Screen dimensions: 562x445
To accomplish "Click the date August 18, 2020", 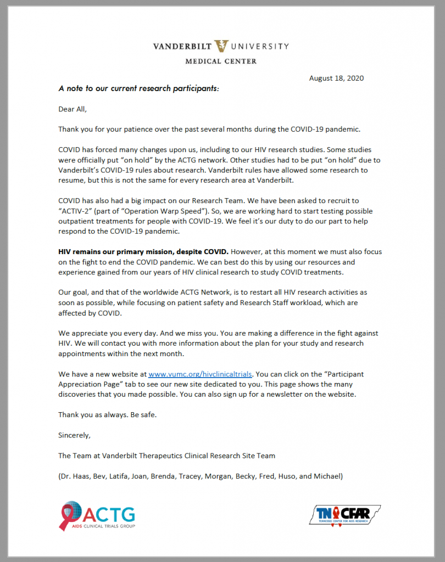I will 336,78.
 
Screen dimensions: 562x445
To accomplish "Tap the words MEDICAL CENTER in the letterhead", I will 221,61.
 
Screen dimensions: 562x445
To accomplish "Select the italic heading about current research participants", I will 139,88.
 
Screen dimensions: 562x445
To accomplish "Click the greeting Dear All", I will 73,109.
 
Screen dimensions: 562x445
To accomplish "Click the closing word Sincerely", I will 74,435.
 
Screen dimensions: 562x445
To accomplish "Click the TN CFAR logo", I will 344,515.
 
